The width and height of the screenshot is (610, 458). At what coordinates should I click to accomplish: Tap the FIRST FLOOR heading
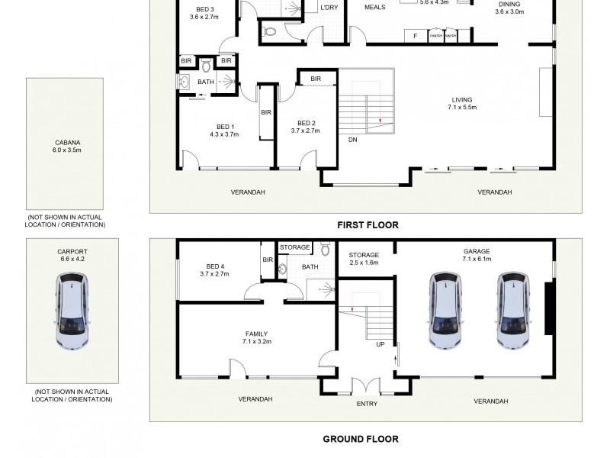368,225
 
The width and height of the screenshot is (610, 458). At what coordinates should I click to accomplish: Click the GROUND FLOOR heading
360,439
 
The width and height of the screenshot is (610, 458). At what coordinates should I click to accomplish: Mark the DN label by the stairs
352,140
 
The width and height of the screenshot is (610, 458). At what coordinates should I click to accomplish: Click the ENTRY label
367,404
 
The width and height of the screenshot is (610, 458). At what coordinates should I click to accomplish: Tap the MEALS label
374,7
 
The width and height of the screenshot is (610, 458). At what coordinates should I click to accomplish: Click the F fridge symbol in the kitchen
415,36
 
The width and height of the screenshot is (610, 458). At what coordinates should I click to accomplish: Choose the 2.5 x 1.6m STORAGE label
363,259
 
